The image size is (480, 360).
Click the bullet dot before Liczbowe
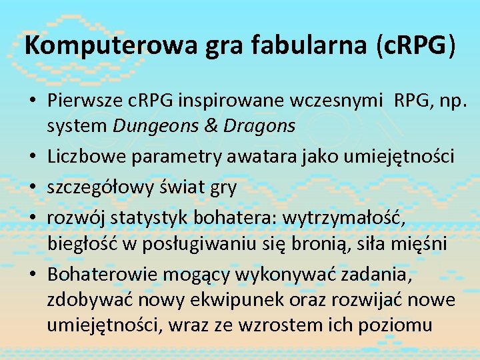click(32, 157)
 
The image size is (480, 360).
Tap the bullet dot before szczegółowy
click(32, 189)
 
